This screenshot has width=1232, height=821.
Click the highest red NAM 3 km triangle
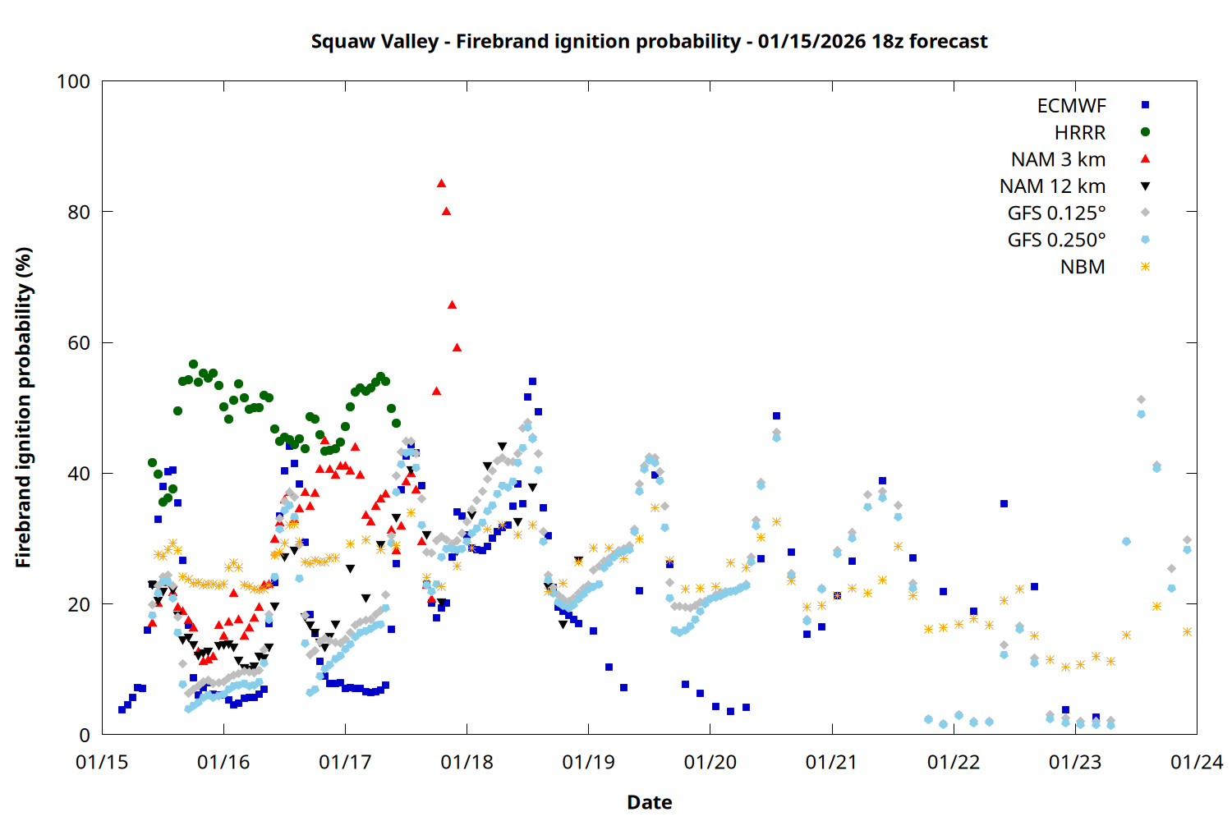coord(441,183)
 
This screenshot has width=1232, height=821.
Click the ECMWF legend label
coord(1071,106)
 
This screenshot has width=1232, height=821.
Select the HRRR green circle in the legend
coord(1145,132)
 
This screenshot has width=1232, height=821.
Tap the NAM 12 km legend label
coord(1052,186)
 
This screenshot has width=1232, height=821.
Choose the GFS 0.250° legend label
coord(1056,241)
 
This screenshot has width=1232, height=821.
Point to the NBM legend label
coord(1083,268)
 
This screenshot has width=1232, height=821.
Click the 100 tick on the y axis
coord(73,81)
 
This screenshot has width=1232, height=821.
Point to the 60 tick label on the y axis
coord(79,343)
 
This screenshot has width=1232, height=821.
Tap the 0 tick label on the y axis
coord(85,736)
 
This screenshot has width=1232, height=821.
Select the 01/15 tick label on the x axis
coord(102,763)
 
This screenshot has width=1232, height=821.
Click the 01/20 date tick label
coord(710,763)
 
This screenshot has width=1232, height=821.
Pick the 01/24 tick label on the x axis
coord(1197,763)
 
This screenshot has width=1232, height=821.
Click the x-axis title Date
coord(649,802)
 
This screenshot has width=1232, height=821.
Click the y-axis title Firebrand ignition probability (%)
coord(24,408)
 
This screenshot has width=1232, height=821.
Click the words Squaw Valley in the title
coord(375,42)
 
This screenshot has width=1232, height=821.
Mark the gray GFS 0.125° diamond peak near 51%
coord(1141,400)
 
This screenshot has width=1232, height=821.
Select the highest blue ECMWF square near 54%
coord(532,382)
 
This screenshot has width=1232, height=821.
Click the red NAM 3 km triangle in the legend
coord(1145,159)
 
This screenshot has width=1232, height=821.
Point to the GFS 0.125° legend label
coord(1056,213)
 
